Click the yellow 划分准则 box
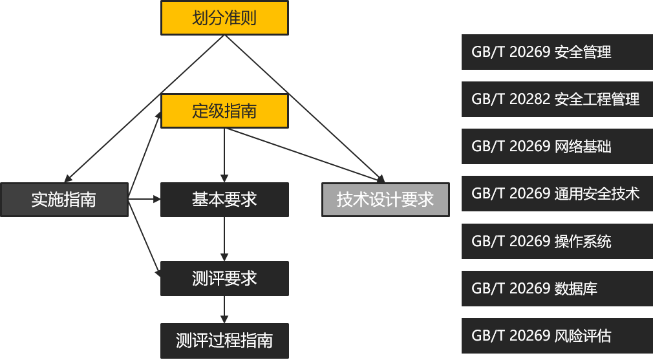click(x=224, y=17)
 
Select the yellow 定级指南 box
click(x=224, y=111)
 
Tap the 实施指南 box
click(x=63, y=199)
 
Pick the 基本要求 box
click(x=224, y=199)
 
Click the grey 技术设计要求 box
click(x=385, y=199)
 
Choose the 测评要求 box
click(x=224, y=278)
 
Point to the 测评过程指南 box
click(x=224, y=340)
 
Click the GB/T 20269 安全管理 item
click(x=557, y=52)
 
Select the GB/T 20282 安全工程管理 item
click(x=557, y=99)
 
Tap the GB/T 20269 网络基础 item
click(x=557, y=146)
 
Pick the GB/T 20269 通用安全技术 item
click(x=557, y=193)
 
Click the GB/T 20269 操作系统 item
click(x=557, y=241)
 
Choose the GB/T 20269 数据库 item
click(x=557, y=288)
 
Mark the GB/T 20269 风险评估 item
click(x=557, y=335)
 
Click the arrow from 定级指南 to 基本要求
click(x=224, y=155)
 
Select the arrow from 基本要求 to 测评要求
click(x=224, y=239)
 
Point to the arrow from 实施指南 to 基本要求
click(x=145, y=199)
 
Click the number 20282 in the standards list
click(x=530, y=99)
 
